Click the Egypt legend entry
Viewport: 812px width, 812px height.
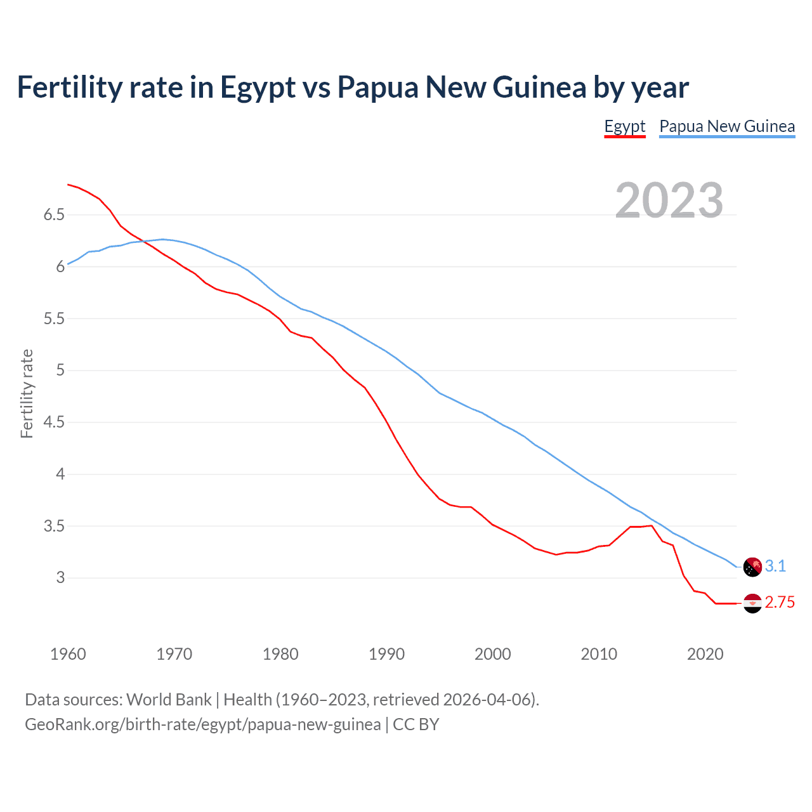[624, 126]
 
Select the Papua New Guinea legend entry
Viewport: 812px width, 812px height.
[726, 126]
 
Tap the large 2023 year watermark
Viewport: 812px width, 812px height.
[669, 200]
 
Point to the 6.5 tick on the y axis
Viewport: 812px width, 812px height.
[54, 215]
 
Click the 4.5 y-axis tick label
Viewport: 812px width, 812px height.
[54, 422]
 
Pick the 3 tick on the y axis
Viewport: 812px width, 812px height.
[60, 578]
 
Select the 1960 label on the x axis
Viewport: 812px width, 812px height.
[68, 654]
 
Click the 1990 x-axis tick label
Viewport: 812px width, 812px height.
[386, 654]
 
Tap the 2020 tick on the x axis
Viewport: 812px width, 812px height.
[705, 654]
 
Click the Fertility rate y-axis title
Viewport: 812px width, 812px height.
[27, 393]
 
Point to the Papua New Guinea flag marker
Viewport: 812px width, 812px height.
[752, 566]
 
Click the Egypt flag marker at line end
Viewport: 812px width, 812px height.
[752, 603]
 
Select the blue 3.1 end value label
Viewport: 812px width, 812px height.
[775, 566]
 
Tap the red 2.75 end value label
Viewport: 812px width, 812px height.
[780, 603]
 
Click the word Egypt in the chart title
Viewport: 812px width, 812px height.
[258, 88]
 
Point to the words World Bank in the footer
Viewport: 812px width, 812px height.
[169, 700]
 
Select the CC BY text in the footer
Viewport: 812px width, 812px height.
[416, 724]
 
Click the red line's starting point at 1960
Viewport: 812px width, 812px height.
[68, 185]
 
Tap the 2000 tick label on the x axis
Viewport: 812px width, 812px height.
[492, 654]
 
